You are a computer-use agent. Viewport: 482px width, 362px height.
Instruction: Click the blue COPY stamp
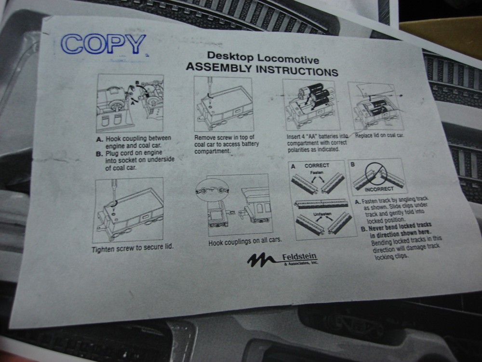(x=103, y=44)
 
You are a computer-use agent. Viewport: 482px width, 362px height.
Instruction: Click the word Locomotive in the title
(x=288, y=58)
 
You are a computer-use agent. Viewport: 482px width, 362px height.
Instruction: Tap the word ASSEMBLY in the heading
(x=218, y=68)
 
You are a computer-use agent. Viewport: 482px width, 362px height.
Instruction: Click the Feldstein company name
(x=299, y=256)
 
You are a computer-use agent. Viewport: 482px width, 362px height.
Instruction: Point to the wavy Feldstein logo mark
(x=261, y=260)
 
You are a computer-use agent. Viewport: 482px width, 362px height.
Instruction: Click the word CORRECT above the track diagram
(x=317, y=166)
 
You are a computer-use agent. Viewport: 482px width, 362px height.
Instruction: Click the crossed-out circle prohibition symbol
(x=375, y=174)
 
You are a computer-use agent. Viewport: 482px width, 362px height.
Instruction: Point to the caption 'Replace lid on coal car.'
(x=380, y=136)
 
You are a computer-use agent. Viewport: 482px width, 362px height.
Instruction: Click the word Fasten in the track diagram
(x=317, y=173)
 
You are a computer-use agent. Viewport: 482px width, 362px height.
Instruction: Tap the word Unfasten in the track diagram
(x=322, y=214)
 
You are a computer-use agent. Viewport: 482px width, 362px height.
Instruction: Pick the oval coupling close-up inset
(x=213, y=191)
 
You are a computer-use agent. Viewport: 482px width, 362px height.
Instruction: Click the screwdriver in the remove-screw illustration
(x=209, y=90)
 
